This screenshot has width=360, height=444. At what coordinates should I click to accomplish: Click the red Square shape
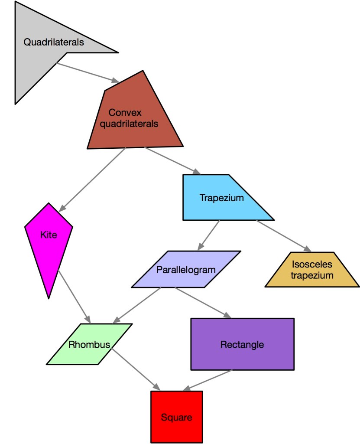click(x=176, y=417)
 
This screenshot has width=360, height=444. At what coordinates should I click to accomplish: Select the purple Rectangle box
click(x=242, y=344)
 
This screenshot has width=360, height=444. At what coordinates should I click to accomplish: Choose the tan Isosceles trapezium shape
click(x=312, y=270)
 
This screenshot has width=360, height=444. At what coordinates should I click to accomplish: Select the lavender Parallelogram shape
click(x=185, y=269)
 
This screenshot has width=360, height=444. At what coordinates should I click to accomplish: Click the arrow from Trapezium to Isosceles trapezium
click(x=284, y=236)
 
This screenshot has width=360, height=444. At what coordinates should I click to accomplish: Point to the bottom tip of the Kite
click(x=49, y=298)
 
